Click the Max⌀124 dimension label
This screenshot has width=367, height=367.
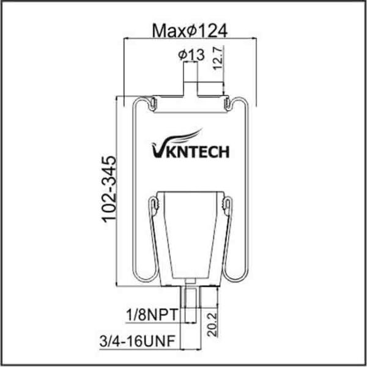(190, 30)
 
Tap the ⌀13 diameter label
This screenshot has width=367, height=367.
(191, 55)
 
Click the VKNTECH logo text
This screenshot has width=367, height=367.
(190, 150)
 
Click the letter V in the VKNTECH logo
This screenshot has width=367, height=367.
(155, 149)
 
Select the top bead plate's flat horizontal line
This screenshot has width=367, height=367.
(190, 96)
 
